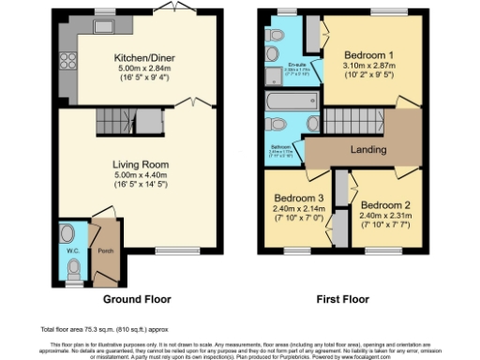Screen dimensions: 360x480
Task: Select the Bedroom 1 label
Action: tap(370, 53)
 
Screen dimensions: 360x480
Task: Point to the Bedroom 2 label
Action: tap(385, 204)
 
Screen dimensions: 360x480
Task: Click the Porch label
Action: tap(107, 249)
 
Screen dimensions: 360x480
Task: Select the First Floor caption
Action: tap(340, 299)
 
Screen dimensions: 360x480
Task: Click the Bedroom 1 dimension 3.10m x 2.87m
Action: tap(370, 67)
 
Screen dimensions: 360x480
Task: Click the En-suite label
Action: tap(296, 65)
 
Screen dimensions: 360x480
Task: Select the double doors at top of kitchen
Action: tap(169, 8)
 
